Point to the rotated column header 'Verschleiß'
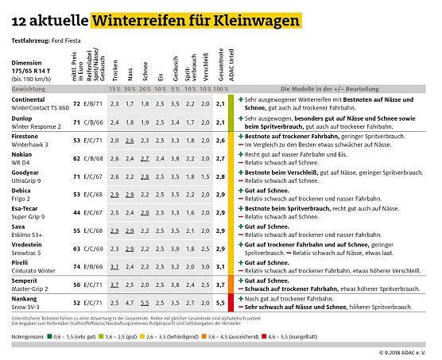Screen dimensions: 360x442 [204, 68]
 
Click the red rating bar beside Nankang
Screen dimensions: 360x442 [230, 303]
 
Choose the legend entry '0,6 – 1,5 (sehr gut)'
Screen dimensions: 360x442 [75, 336]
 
